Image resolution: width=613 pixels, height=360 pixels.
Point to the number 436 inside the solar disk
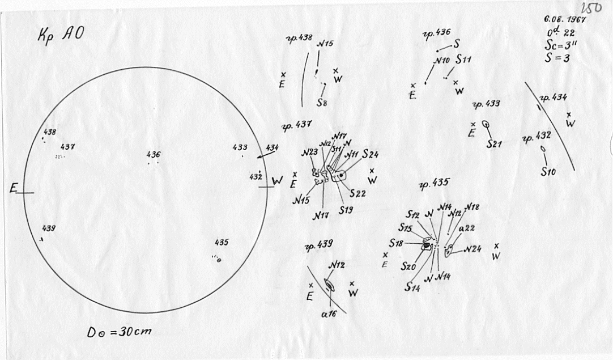pos(153,154)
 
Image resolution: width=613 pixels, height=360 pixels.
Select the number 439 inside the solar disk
pos(49,228)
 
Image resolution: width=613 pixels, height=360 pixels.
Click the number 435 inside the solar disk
pos(222,243)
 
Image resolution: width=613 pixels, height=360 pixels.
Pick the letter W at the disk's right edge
pos(277,180)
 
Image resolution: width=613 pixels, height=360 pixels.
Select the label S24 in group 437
pos(370,154)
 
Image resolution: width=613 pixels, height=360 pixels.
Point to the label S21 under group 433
pos(494,144)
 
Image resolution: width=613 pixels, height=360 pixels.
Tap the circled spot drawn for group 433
pos(486,124)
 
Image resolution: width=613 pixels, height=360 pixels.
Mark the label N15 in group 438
pos(326,44)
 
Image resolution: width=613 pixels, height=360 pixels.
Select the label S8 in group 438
pos(322,103)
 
